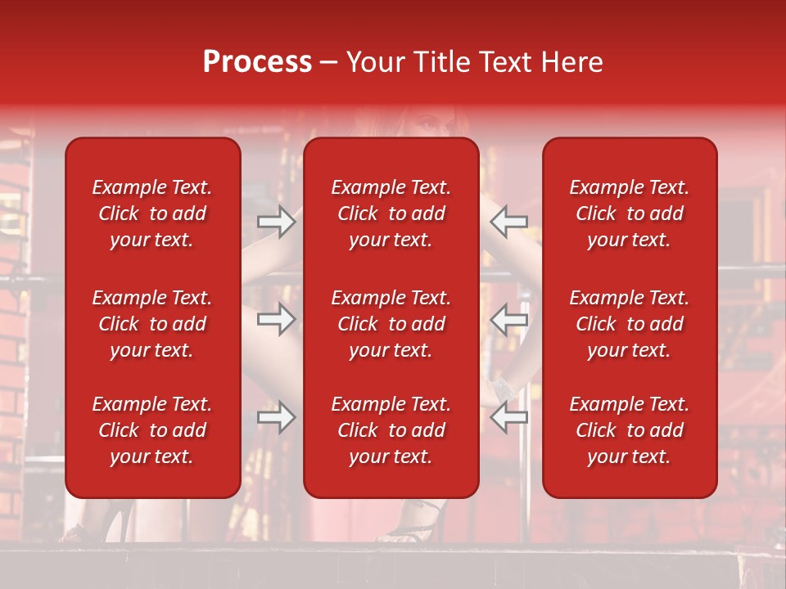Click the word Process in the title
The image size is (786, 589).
tap(257, 62)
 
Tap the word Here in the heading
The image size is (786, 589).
tap(573, 62)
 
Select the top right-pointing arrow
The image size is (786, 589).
tap(277, 221)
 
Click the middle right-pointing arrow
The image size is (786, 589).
tap(277, 319)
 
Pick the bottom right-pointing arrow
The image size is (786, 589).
tap(277, 417)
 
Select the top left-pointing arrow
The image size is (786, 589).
tap(509, 221)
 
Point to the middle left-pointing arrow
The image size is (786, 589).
tap(509, 319)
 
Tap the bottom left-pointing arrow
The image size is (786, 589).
tap(509, 417)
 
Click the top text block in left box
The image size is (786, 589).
tap(152, 214)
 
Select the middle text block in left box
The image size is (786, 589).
tap(152, 324)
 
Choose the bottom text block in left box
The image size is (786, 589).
tap(152, 430)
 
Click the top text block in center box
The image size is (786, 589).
tap(391, 214)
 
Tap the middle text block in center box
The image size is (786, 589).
tap(391, 324)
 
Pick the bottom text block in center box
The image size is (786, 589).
tap(391, 430)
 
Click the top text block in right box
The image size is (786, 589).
tap(630, 214)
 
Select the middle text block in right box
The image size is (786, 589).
tap(630, 324)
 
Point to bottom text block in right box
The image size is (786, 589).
tap(630, 430)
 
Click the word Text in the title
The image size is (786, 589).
tap(509, 62)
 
